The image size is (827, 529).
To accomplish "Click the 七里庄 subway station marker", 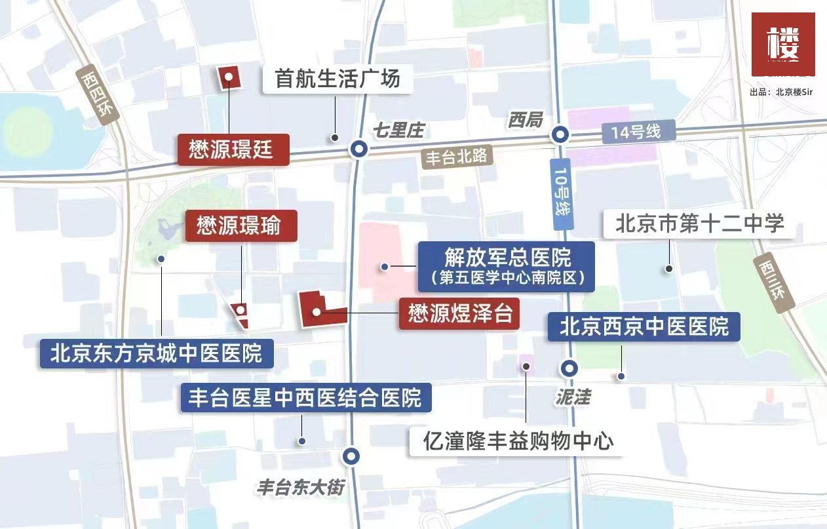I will (358, 149).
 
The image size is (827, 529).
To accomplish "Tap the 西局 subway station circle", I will (560, 135).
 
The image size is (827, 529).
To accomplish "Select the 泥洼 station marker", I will (569, 368).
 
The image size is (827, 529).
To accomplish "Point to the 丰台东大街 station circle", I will (352, 456).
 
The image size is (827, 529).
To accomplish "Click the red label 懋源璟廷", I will (233, 149).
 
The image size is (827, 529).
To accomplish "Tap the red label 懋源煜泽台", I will (459, 313).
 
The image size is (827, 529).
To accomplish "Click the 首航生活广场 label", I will (337, 80).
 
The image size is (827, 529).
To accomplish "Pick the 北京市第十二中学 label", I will (699, 224).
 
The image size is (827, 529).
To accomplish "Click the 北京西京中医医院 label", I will (644, 326).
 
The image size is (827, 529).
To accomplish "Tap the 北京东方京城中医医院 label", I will (156, 353).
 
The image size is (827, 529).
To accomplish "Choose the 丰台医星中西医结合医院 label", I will (306, 397).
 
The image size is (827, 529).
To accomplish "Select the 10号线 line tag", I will (562, 194).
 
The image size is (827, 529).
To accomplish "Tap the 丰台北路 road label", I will (456, 158).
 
